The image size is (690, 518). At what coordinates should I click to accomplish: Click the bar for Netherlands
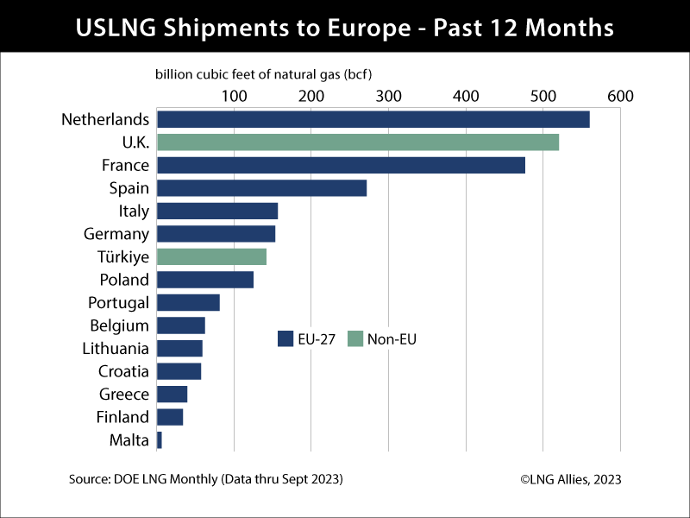373,120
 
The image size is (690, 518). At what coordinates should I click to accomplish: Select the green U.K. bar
357,142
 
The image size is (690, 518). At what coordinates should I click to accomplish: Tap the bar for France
341,166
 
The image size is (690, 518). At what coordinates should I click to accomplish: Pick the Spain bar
261,188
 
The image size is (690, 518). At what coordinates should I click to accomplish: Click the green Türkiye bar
211,257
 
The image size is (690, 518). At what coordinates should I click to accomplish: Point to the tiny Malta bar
160,440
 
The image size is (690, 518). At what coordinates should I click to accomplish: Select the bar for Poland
205,280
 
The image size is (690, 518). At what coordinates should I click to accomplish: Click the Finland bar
170,418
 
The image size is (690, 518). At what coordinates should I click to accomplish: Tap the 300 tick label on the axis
388,96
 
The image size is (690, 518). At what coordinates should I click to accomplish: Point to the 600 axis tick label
620,96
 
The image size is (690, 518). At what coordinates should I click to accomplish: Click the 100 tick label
234,96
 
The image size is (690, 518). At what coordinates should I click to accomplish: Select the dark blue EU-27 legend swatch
285,339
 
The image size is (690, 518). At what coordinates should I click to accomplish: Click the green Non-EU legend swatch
354,339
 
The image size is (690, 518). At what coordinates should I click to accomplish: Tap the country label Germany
116,234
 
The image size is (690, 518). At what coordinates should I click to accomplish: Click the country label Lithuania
116,349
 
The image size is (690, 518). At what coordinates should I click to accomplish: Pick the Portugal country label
118,303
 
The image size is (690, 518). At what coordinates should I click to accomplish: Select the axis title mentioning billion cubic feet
269,74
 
